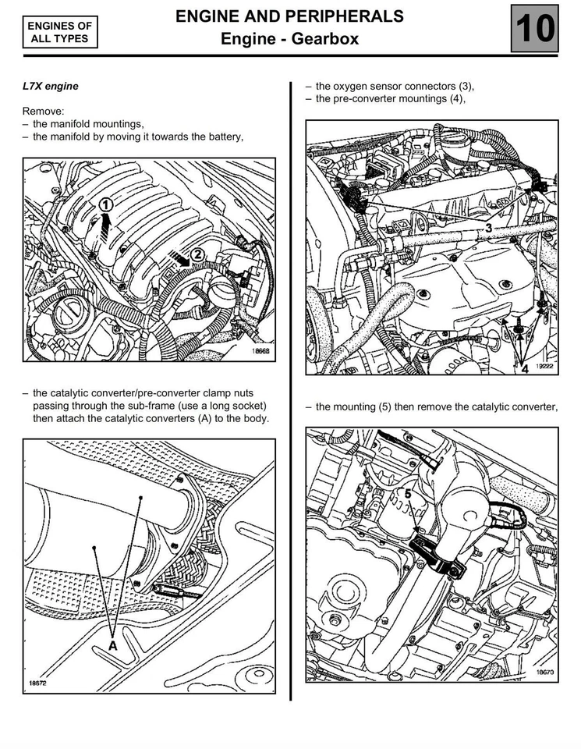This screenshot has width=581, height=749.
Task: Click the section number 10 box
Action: point(534,28)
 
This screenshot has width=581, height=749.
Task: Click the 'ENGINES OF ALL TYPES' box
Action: point(60,33)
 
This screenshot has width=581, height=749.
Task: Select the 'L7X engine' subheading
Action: point(51,86)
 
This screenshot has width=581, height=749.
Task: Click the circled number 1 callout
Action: point(107,204)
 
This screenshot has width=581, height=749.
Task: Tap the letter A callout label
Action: point(113,646)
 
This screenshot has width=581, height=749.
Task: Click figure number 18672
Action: point(39,683)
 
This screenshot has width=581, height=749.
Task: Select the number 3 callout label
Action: point(487,228)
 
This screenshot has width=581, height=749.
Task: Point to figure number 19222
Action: point(543,364)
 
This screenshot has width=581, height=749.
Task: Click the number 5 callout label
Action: point(407,493)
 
